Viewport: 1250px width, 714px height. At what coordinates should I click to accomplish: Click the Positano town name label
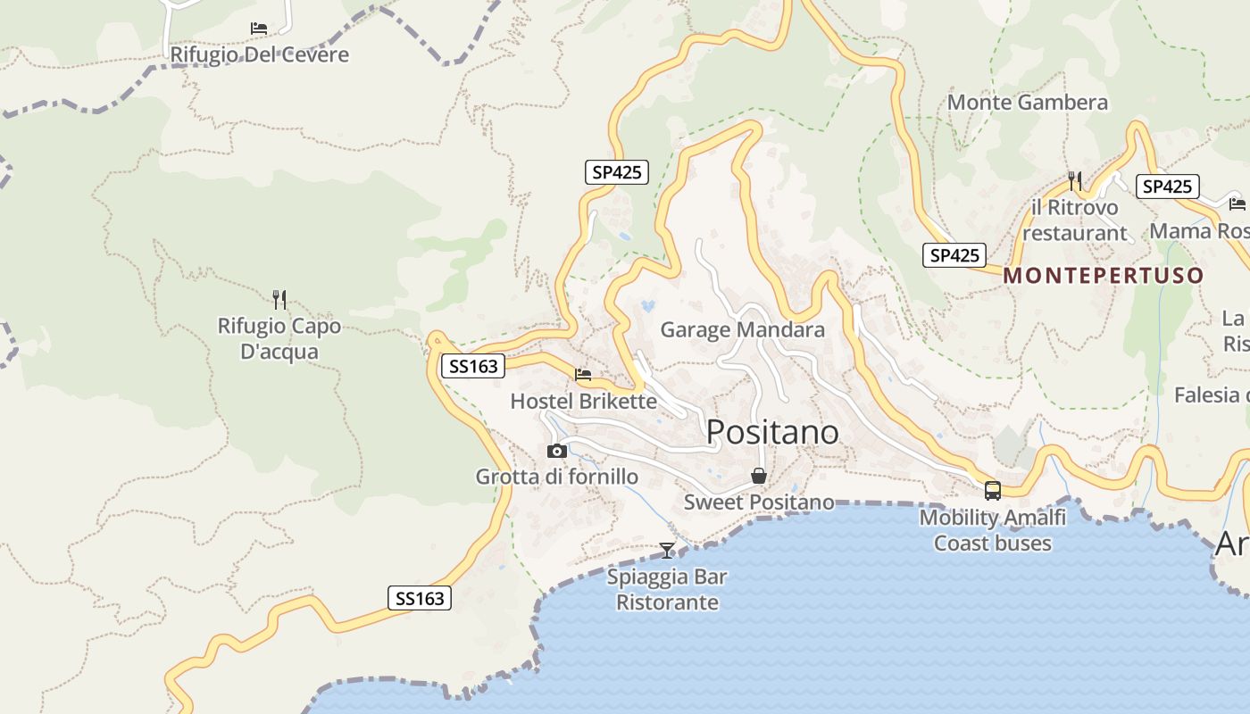(772, 432)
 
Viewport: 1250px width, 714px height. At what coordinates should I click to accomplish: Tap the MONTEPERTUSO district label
(1104, 275)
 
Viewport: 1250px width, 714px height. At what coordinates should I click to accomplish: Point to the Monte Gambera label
(1027, 103)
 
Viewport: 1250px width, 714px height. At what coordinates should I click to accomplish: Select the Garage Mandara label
(742, 330)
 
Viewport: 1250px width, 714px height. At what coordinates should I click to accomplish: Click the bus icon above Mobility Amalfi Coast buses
(993, 490)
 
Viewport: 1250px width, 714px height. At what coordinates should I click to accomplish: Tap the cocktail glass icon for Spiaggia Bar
(667, 550)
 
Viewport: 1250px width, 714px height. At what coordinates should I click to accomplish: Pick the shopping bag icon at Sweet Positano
(759, 476)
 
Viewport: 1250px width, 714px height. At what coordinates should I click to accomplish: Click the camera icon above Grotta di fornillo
(556, 451)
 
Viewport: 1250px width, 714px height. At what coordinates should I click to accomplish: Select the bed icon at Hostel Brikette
(583, 375)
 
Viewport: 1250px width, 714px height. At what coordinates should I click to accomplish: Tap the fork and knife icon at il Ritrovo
(1075, 181)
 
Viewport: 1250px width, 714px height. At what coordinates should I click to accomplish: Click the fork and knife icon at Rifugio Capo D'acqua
(279, 299)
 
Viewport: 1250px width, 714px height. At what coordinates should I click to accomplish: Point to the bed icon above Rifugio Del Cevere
(259, 29)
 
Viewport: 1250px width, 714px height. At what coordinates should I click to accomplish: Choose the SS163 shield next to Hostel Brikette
(473, 366)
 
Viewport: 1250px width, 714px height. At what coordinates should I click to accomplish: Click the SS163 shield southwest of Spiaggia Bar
(420, 598)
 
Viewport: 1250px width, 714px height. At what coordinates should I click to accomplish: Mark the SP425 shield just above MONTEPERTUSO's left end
(954, 255)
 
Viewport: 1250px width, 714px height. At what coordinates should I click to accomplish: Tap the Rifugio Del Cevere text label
(259, 55)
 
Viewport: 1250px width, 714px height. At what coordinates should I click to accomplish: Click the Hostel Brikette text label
(583, 402)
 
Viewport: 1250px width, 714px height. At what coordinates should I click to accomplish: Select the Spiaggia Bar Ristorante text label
(667, 589)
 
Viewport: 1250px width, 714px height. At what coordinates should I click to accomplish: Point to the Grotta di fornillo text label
(556, 477)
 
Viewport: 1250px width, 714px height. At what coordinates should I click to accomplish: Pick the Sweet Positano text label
(759, 502)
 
